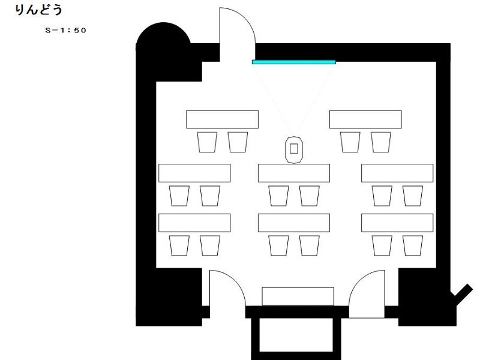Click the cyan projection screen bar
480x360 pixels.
pos(294,62)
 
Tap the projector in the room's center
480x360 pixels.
pos(294,149)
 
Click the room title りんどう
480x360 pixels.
pos(38,10)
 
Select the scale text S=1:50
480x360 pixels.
pos(65,31)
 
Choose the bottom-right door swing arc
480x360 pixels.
pos(358,281)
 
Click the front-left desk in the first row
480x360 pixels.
pos(222,119)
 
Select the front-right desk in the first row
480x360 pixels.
pos(365,119)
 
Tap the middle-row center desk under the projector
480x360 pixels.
pos(294,173)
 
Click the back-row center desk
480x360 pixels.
pos(294,223)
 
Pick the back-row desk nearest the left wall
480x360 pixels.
pos(194,223)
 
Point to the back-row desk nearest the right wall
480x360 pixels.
pos(397,223)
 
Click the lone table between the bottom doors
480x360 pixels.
pos(298,296)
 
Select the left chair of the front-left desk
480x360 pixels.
pos(207,142)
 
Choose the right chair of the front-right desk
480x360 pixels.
pos(381,142)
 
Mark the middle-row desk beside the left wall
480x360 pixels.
pos(194,173)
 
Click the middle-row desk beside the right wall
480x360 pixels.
pos(397,173)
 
